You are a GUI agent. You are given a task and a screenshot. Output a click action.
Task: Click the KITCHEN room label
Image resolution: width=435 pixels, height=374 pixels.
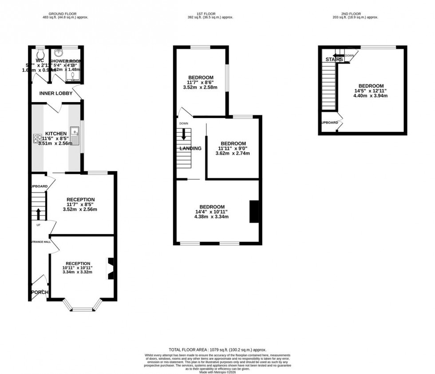pos(56,133)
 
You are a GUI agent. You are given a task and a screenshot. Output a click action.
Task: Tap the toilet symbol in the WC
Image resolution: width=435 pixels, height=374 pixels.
pos(41,51)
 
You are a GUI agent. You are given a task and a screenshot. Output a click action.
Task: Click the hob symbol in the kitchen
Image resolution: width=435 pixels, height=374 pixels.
pos(37,139)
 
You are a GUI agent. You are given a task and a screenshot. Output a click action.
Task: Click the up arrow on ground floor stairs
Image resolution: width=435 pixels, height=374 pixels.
pos(38,214)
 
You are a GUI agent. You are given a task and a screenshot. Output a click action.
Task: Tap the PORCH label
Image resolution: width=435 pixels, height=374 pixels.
pos(40,292)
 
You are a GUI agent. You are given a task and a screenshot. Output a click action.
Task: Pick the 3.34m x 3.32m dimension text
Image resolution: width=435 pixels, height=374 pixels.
pos(78,272)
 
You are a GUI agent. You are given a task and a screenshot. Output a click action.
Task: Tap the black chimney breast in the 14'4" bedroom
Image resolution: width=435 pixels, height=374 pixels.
pos(254,211)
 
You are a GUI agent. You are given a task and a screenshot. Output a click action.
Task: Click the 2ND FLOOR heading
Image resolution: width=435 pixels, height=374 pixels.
pos(362,13)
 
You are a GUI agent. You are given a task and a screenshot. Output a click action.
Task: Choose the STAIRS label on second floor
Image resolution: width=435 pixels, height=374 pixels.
pos(334,59)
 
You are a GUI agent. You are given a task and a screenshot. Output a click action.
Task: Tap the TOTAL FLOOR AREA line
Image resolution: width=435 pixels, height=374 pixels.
pos(217,350)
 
